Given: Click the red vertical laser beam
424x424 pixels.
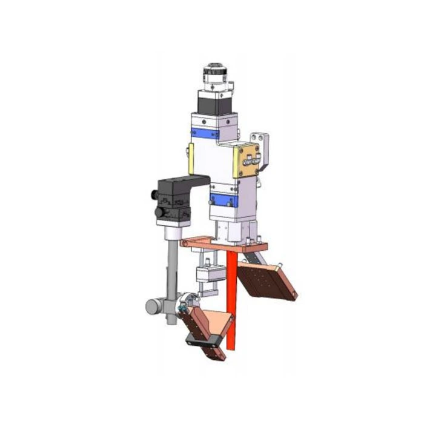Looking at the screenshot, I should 231,303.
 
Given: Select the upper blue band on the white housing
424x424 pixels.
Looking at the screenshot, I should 204,134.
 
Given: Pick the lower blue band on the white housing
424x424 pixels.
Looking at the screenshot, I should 224,200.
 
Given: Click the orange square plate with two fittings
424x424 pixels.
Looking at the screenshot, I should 246,160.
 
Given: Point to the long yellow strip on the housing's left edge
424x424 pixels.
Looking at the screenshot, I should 191,159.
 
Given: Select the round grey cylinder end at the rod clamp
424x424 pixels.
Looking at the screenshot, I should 152,306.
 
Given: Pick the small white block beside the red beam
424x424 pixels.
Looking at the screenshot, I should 208,276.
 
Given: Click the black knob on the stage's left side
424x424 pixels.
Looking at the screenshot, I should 152,195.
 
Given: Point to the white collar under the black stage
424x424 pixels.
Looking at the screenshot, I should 171,230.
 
